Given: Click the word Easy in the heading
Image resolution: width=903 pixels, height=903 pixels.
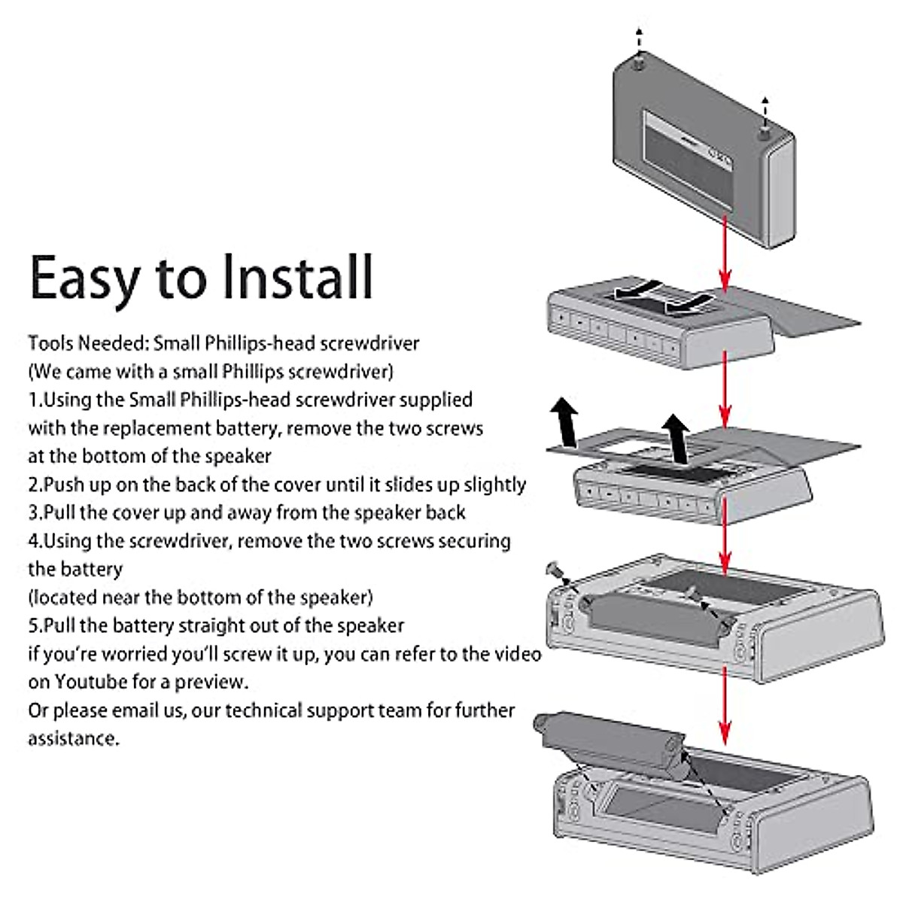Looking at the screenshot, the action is [85, 280].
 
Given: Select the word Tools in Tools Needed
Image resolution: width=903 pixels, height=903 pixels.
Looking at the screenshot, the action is [50, 343].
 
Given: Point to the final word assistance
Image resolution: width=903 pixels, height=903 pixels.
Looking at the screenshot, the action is [74, 738].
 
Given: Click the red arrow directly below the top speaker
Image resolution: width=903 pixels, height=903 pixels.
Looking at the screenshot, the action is [725, 254].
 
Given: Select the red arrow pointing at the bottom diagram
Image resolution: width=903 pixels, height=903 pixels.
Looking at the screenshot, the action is [725, 706].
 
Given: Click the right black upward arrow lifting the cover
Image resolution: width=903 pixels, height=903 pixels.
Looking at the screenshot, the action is [676, 439].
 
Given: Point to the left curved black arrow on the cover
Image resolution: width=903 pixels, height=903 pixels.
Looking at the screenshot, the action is [637, 290].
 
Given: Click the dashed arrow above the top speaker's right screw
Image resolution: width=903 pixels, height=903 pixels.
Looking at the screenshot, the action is [765, 112].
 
